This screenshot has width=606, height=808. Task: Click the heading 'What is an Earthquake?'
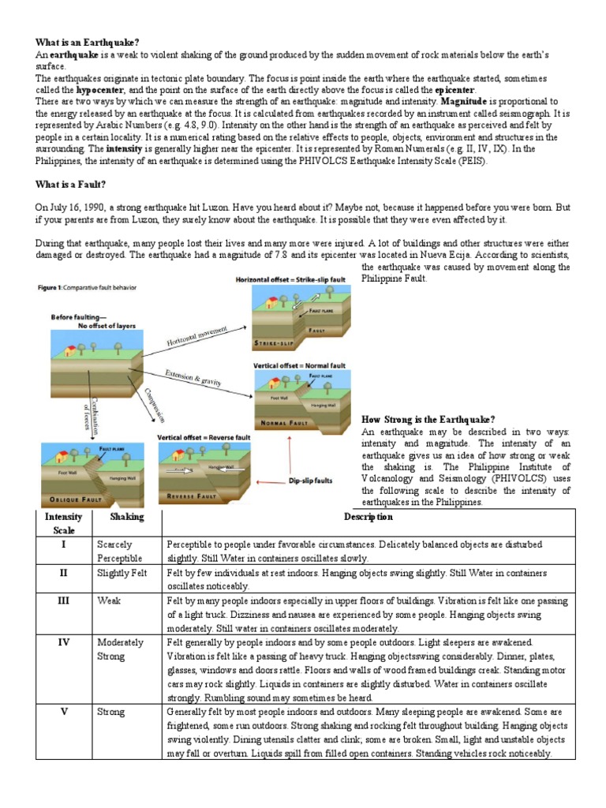pyautogui.click(x=87, y=41)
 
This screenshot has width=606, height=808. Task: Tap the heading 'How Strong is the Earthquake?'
pyautogui.click(x=428, y=419)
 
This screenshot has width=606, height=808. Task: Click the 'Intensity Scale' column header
pyautogui.click(x=63, y=524)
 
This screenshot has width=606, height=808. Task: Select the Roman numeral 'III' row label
pyautogui.click(x=63, y=601)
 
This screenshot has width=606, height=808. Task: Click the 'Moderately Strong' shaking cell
pyautogui.click(x=120, y=649)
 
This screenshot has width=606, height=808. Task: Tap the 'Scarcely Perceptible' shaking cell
pyautogui.click(x=119, y=552)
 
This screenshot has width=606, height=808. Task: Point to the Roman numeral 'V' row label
pyautogui.click(x=63, y=712)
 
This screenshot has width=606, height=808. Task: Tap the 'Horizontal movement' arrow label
pyautogui.click(x=197, y=335)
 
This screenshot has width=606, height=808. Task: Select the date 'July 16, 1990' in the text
pyautogui.click(x=76, y=207)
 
